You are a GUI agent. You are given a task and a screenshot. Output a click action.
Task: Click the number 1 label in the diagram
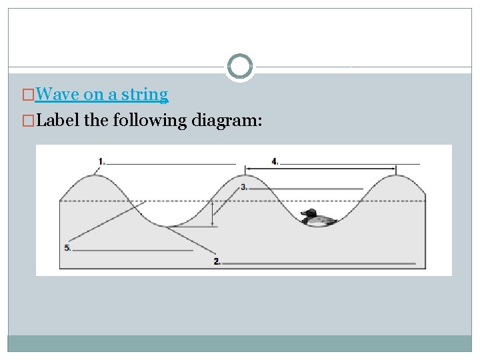coord(101,161)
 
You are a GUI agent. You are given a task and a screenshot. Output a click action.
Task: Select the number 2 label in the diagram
coord(217,262)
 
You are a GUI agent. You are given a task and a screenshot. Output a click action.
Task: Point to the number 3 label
coord(244,187)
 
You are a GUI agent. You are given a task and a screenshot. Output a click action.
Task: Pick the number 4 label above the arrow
coord(275,161)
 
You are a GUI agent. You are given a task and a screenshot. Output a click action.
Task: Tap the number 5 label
coord(67,248)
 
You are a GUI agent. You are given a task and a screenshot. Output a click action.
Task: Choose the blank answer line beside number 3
coord(306,189)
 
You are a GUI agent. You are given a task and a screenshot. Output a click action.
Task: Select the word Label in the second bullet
coord(57,121)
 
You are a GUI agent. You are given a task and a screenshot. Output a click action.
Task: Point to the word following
coord(150,121)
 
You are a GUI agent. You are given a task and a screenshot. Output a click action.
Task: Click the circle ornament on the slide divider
coord(240,67)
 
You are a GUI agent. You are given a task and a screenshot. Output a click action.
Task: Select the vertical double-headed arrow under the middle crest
coord(213,213)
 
